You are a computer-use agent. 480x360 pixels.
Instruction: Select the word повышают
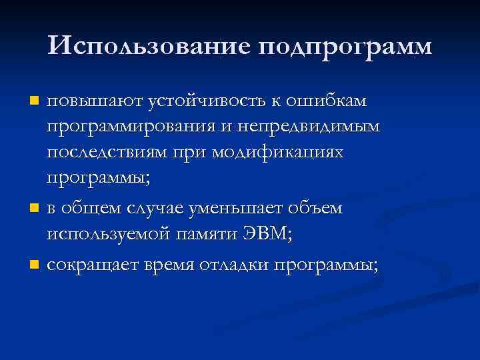pyautogui.click(x=85, y=101)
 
